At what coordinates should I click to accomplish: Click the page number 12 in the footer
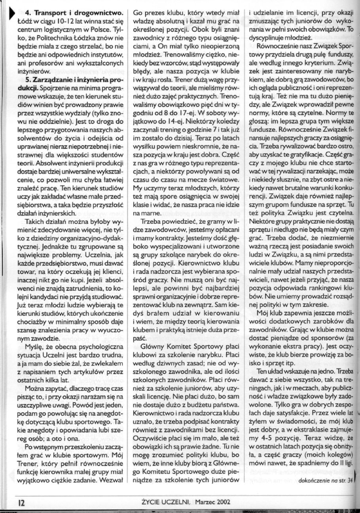[x=20, y=502]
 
